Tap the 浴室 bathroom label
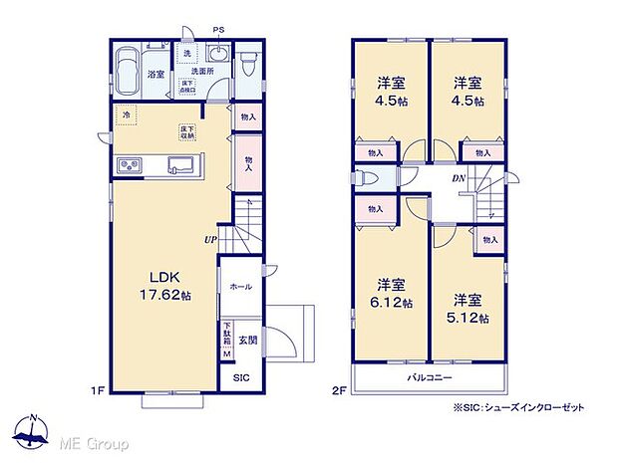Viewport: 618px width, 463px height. coord(156,74)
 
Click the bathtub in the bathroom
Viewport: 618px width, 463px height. coord(129,72)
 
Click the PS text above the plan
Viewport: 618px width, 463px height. coord(218,32)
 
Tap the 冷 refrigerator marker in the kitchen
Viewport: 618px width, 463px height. coord(127,115)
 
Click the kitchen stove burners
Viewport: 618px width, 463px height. coord(132,164)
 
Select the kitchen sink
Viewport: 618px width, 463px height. coord(180,164)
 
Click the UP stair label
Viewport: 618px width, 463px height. coord(210,240)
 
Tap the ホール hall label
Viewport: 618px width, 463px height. coord(240,287)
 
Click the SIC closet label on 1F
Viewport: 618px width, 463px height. coord(241,378)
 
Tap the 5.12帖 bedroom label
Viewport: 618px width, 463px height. coord(469,310)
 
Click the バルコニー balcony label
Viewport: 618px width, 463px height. coord(430,378)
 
